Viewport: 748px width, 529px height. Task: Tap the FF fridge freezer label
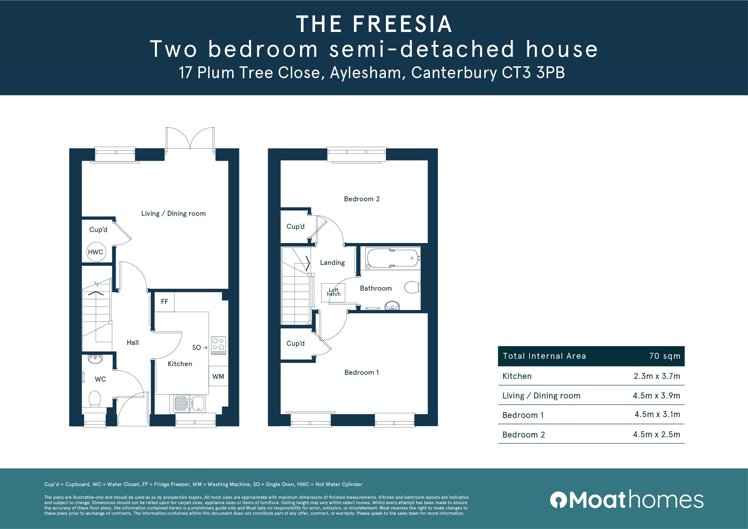165,302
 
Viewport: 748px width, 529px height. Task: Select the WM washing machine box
218,376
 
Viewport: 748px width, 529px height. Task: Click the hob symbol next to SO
219,345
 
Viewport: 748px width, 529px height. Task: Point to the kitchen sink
190,403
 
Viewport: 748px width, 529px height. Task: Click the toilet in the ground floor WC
95,399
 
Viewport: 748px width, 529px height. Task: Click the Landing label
332,263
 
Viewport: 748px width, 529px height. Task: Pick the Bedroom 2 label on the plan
362,199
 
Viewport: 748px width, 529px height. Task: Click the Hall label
133,342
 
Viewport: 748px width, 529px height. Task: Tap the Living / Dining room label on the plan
173,214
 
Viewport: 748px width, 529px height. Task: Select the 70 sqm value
665,356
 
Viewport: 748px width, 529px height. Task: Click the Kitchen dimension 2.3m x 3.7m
657,376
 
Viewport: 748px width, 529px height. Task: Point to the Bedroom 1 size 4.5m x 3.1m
657,414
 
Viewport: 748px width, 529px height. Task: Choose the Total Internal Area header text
544,356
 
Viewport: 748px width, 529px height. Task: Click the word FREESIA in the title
402,24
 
